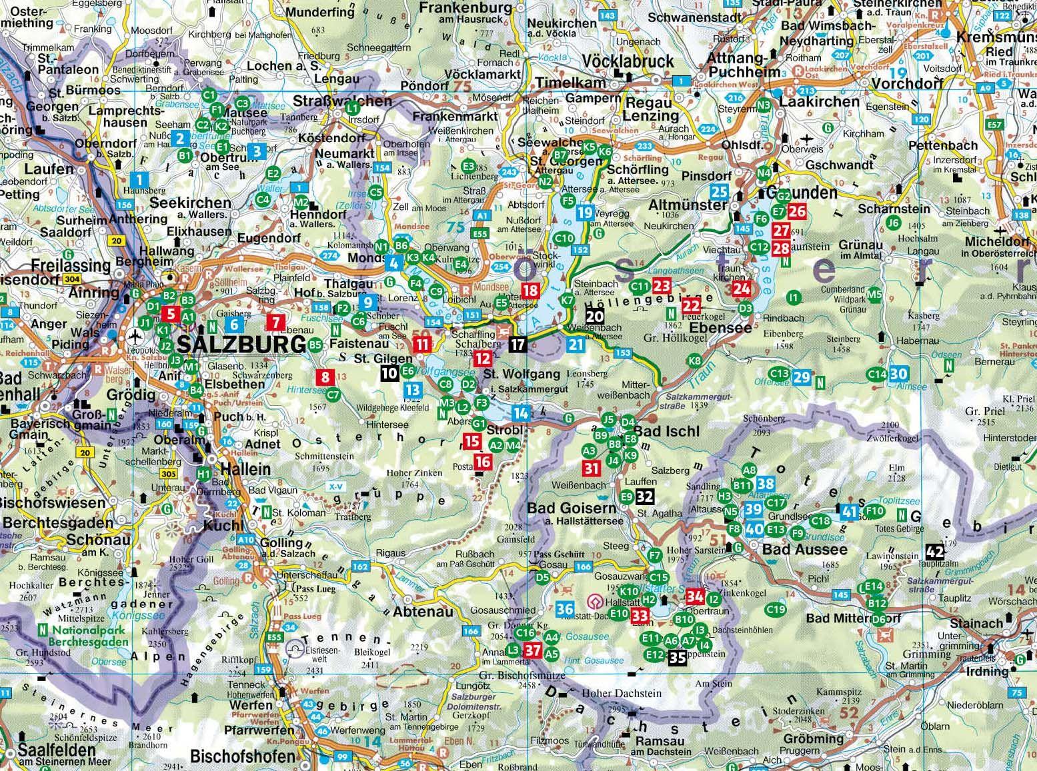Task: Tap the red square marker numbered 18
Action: (x=531, y=291)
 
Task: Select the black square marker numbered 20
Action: (x=594, y=317)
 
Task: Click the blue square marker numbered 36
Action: (x=565, y=608)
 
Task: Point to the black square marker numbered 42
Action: (x=935, y=552)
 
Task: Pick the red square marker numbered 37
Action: (x=532, y=650)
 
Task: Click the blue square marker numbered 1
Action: (x=139, y=179)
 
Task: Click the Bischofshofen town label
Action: (x=243, y=756)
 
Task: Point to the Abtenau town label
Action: (x=423, y=612)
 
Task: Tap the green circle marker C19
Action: (x=776, y=608)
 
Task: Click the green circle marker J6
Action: (x=894, y=223)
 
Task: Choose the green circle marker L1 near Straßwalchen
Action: (x=353, y=107)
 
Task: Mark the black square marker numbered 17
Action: (x=518, y=345)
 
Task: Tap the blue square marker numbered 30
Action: (x=898, y=375)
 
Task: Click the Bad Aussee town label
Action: (x=795, y=550)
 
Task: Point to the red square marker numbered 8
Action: (x=325, y=377)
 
